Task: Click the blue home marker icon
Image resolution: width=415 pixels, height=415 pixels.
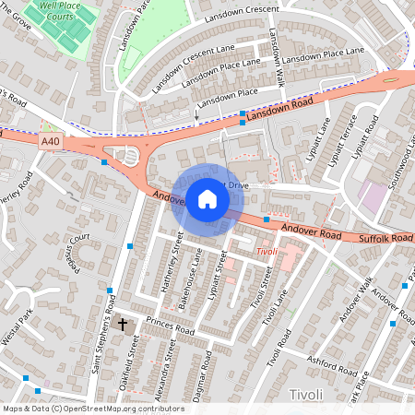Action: (x=207, y=199)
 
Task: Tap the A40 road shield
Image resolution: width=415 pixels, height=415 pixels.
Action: (x=52, y=141)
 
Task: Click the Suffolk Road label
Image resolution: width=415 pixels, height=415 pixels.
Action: (x=385, y=238)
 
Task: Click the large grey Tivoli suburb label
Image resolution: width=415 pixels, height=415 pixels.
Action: (x=305, y=395)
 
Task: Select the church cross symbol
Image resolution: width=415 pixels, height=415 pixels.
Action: (x=123, y=325)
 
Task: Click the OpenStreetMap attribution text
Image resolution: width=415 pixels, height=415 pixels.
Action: (x=93, y=408)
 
